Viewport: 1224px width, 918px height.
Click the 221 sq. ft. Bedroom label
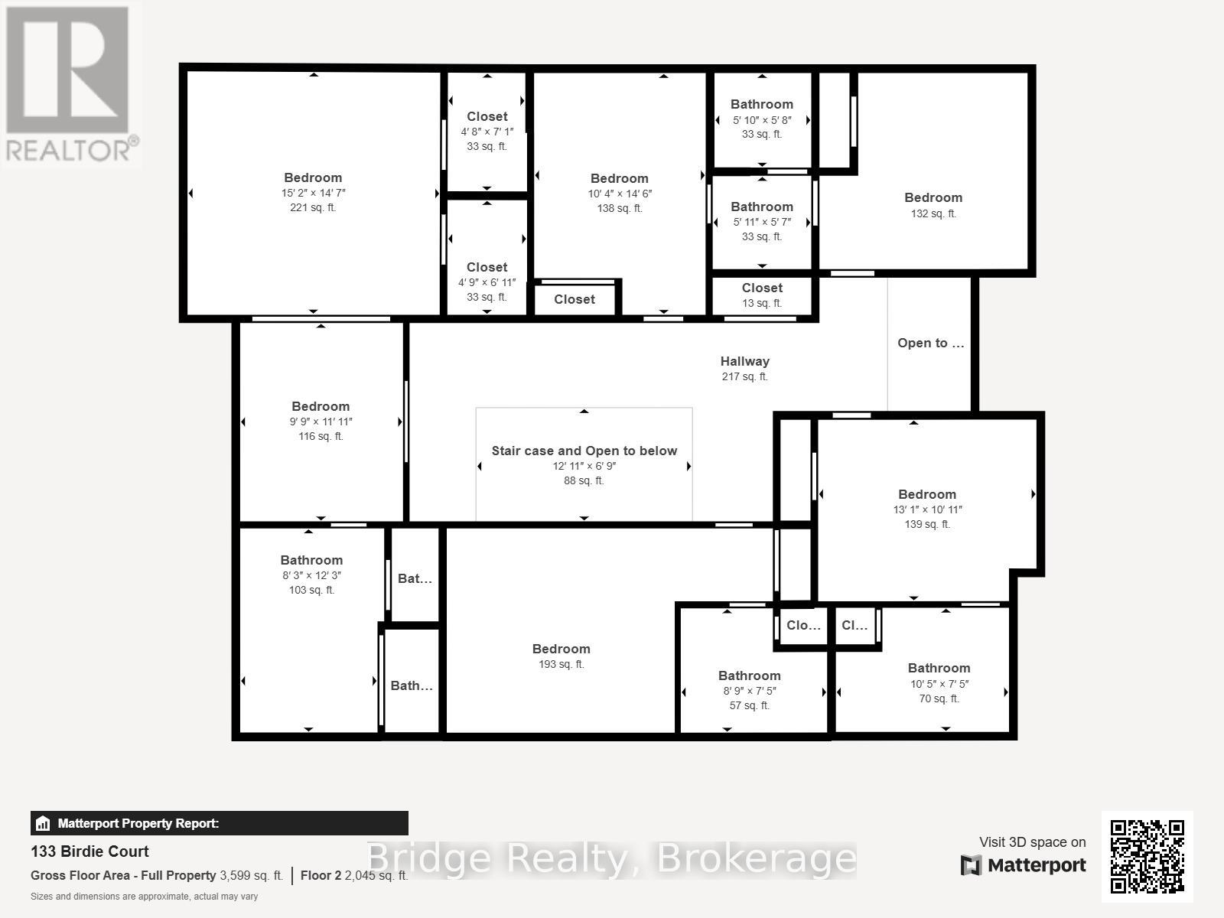tap(313, 177)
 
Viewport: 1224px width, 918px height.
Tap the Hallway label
tap(744, 361)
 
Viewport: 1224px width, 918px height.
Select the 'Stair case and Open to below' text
tap(584, 451)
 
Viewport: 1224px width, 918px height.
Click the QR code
tap(1147, 857)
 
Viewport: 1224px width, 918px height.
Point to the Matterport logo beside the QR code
tap(1023, 865)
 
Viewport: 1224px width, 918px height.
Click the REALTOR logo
tap(70, 84)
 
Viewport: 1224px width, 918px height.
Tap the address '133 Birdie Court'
tap(90, 851)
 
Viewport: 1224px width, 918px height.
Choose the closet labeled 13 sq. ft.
tap(762, 288)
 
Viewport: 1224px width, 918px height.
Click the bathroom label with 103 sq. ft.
tap(311, 560)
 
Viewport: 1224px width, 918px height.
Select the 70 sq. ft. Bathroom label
tap(939, 668)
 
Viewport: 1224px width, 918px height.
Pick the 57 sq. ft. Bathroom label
tap(749, 675)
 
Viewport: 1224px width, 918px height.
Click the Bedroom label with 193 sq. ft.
tap(561, 649)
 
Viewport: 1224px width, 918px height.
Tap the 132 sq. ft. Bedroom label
tap(933, 197)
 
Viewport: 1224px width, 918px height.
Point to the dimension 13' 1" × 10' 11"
tap(927, 509)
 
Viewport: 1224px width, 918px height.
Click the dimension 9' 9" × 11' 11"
tap(321, 422)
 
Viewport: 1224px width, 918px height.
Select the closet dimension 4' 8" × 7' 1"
tap(487, 132)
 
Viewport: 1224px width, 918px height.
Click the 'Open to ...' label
tap(930, 343)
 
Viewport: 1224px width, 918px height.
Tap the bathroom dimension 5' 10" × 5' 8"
tap(762, 120)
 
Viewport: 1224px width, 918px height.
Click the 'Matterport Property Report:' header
tap(138, 824)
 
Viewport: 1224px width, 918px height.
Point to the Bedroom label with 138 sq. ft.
tap(619, 178)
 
